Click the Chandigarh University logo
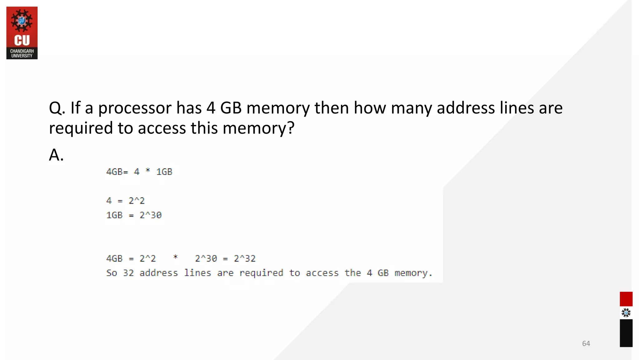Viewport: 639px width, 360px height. pyautogui.click(x=22, y=33)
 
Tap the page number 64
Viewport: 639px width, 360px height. pyautogui.click(x=586, y=343)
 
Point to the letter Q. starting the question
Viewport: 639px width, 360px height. pyautogui.click(x=57, y=108)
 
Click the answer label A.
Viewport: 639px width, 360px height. pyautogui.click(x=56, y=155)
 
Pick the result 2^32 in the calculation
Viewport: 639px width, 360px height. pyautogui.click(x=245, y=258)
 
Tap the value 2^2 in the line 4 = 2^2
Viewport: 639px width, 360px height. pyautogui.click(x=137, y=201)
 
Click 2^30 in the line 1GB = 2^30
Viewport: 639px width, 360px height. pyautogui.click(x=150, y=215)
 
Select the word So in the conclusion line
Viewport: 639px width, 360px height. pyautogui.click(x=111, y=273)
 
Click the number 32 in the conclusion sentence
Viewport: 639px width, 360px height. pyautogui.click(x=128, y=273)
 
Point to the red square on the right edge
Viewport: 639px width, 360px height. pyautogui.click(x=626, y=299)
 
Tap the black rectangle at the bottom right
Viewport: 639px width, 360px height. pyautogui.click(x=626, y=333)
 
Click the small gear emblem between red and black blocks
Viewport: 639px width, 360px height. pyautogui.click(x=626, y=312)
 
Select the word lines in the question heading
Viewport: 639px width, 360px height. pyautogui.click(x=517, y=108)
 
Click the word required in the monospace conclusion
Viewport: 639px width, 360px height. pyautogui.click(x=261, y=273)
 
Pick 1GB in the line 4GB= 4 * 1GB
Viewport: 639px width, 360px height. pyautogui.click(x=164, y=172)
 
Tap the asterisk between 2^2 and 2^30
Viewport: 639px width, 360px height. pyautogui.click(x=175, y=257)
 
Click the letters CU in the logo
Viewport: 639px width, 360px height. pyautogui.click(x=22, y=41)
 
